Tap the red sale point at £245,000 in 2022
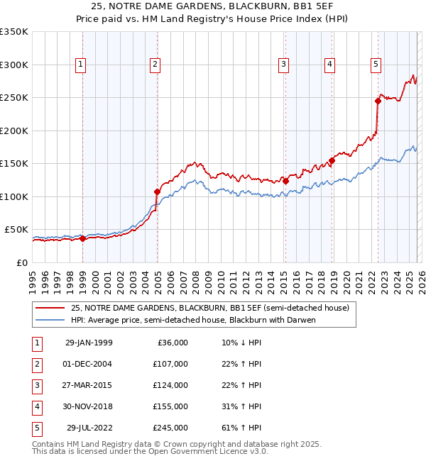[x=378, y=101]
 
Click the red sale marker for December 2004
[x=157, y=191]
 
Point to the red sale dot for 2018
[x=332, y=160]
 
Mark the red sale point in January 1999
[x=82, y=238]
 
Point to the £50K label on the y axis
[x=16, y=230]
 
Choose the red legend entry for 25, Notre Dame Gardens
[x=209, y=309]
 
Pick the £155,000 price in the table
[x=170, y=406]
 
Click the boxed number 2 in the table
[x=35, y=364]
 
